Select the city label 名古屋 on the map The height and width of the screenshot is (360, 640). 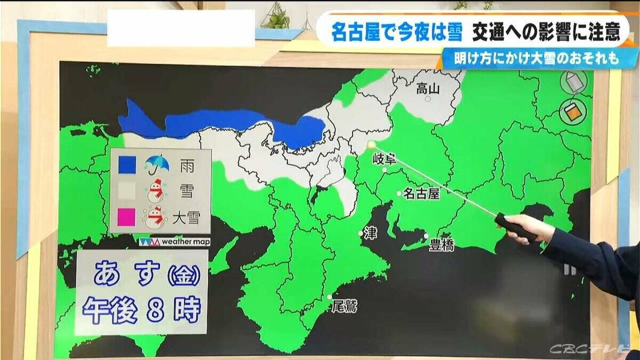pyautogui.click(x=421, y=194)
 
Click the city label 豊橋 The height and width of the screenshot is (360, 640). pyautogui.click(x=443, y=245)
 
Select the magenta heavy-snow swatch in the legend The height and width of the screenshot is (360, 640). pyautogui.click(x=127, y=217)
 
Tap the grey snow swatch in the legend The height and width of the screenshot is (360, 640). pyautogui.click(x=127, y=190)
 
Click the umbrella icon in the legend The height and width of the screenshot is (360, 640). pyautogui.click(x=157, y=164)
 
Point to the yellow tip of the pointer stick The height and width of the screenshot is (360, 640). pyautogui.click(x=371, y=144)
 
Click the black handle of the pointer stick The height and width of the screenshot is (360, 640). pyautogui.click(x=515, y=226)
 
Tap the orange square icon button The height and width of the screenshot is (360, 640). pyautogui.click(x=573, y=112)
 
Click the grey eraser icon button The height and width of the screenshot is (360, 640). pyautogui.click(x=573, y=82)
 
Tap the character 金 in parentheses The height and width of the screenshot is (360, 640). pyautogui.click(x=184, y=276)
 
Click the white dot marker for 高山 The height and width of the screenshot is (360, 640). pyautogui.click(x=427, y=99)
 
